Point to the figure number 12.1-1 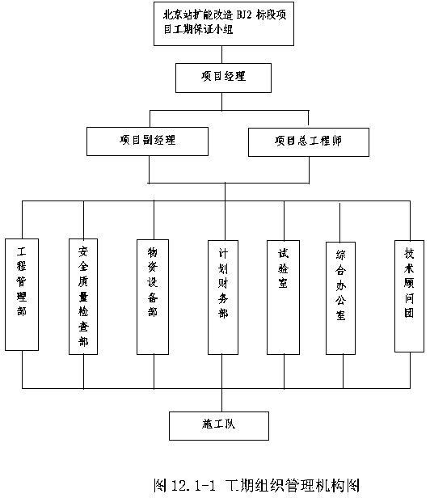coord(193,485)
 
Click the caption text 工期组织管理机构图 coord(292,485)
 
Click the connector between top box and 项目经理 coord(221,54)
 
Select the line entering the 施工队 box coord(221,400)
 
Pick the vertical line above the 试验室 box coord(284,221)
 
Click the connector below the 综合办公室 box coord(343,371)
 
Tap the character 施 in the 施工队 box coord(207,424)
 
